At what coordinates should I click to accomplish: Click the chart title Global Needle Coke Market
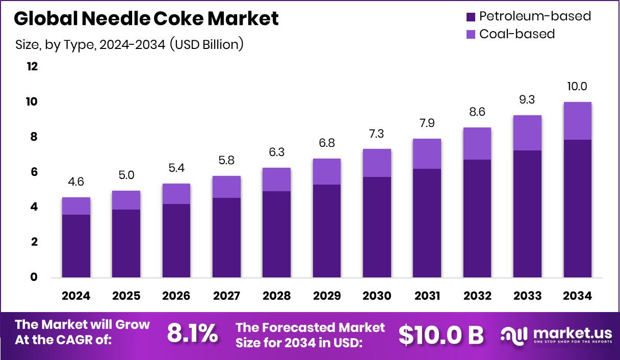(146, 19)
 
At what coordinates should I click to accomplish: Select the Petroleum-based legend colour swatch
(471, 17)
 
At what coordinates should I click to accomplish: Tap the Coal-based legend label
(516, 34)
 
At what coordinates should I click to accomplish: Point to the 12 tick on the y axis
(32, 67)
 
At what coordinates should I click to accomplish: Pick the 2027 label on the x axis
(226, 296)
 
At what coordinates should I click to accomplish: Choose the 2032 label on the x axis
(477, 296)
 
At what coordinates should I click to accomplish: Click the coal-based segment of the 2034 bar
(578, 121)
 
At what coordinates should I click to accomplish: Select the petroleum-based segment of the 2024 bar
(76, 246)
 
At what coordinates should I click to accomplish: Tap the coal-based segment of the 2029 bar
(327, 171)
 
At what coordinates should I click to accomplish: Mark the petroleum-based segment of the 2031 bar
(427, 223)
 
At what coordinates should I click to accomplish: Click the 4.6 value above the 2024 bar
(76, 182)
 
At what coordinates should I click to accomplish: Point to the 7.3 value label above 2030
(377, 134)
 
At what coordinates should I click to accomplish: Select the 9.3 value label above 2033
(527, 100)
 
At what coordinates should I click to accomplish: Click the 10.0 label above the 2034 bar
(578, 86)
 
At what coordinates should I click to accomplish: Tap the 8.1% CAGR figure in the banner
(192, 334)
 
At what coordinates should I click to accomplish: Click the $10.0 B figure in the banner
(441, 335)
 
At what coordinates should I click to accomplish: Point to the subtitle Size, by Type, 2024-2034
(129, 45)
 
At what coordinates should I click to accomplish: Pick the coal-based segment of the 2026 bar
(176, 194)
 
